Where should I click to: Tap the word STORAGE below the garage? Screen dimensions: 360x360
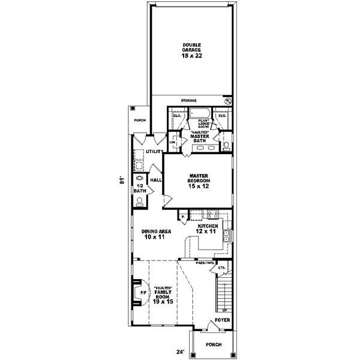point(189,100)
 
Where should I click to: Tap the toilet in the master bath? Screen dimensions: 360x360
point(226,145)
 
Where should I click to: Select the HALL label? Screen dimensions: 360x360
point(155,180)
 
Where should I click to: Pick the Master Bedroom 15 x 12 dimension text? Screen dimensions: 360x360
point(198,187)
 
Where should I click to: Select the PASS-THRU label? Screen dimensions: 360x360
point(205,263)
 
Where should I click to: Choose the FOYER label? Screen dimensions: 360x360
point(221,329)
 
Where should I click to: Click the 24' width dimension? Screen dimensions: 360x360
point(178,352)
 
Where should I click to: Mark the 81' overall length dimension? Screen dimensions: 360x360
point(122,181)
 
